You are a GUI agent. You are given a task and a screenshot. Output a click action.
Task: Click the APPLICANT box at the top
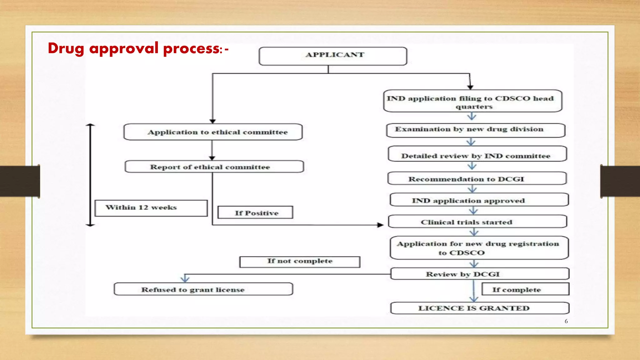tap(333, 56)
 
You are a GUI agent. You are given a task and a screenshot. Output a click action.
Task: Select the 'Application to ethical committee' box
tap(213, 132)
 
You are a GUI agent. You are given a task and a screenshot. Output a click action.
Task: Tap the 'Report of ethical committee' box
tap(214, 167)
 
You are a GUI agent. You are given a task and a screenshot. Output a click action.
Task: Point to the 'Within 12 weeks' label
tap(151, 208)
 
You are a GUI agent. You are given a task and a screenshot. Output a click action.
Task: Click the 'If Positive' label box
tap(255, 212)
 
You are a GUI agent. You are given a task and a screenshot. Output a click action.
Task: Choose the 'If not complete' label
tap(300, 262)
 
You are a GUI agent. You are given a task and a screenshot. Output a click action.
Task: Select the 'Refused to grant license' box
tap(203, 289)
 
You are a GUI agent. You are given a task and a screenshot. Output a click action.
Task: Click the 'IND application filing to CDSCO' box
tap(472, 101)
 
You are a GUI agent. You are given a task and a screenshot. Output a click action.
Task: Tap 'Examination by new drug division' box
tap(476, 130)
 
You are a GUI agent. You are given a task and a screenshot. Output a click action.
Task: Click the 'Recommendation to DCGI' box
tap(477, 178)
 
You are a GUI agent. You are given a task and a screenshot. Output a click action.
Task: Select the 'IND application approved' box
tap(479, 200)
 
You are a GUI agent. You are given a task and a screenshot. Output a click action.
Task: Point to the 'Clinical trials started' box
tap(477, 222)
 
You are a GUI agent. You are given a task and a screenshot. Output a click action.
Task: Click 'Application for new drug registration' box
tap(479, 248)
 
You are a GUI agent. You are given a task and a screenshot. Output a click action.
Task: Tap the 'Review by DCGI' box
tap(480, 274)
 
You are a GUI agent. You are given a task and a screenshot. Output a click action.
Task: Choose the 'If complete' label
tap(525, 289)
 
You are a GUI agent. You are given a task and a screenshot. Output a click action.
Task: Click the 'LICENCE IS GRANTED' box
tap(480, 308)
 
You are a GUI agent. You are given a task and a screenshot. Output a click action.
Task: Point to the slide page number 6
tap(566, 321)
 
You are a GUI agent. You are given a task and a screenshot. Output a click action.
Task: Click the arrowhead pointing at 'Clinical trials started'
tap(380, 225)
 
